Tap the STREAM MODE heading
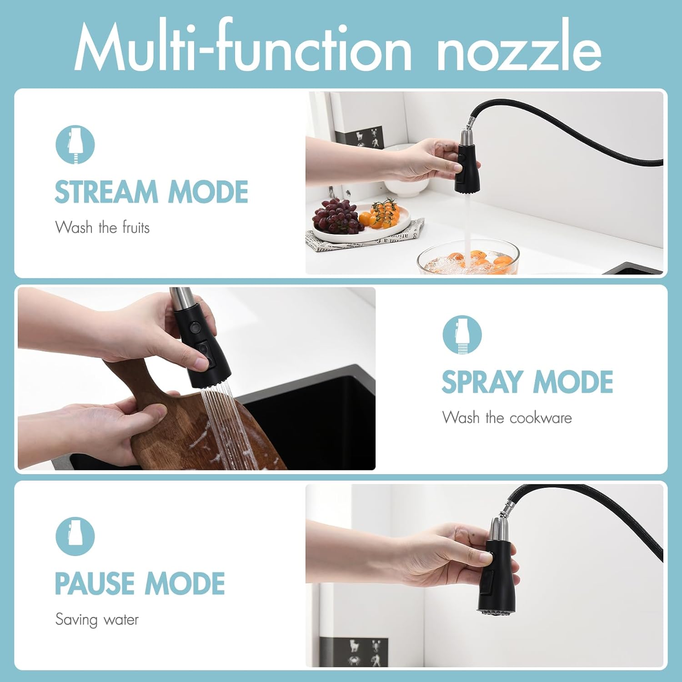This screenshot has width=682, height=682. point(151,192)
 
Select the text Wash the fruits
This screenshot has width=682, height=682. point(102,227)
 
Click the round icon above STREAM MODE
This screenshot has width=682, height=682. point(75,145)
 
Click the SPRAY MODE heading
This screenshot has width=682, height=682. point(527,382)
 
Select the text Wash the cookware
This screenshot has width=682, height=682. point(507,417)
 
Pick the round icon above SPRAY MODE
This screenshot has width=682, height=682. point(462,335)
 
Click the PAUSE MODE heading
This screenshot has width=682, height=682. point(140,584)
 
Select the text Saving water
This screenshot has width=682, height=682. point(97,620)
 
